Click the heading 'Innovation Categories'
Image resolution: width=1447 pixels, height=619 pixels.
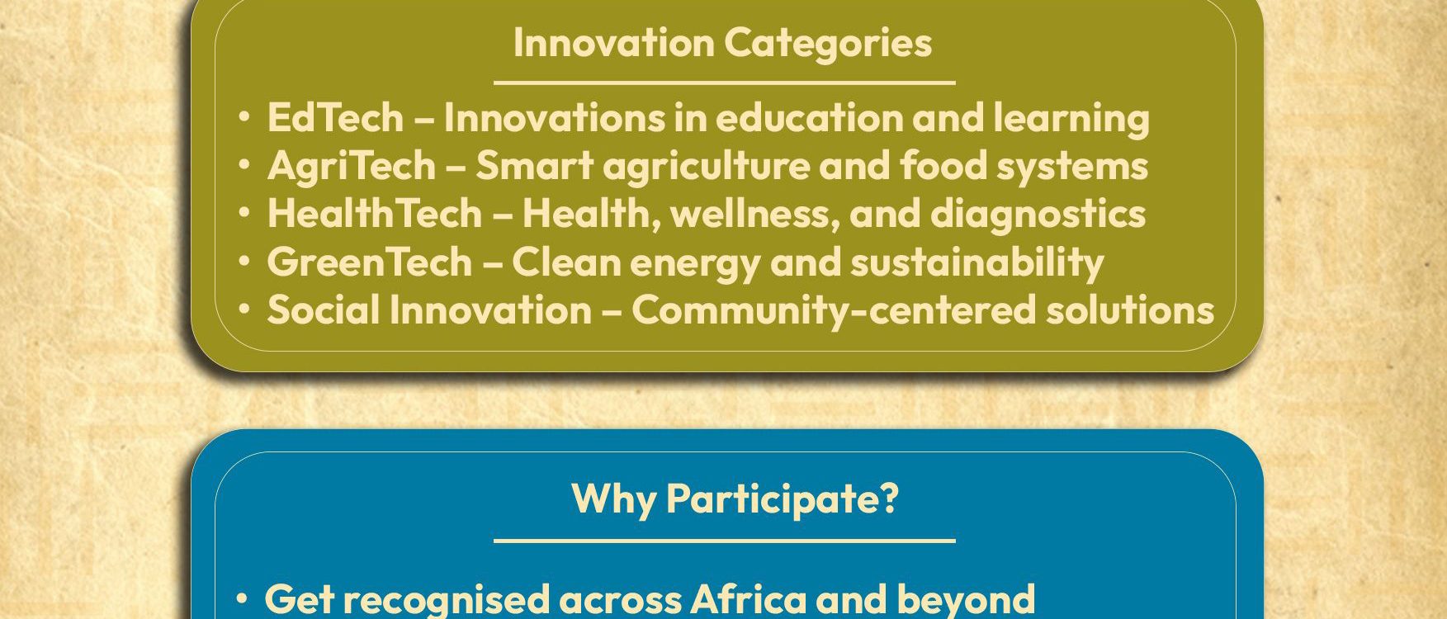coord(722,43)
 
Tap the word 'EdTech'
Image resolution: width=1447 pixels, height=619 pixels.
coord(335,117)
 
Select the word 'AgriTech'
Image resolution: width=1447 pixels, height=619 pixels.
coord(351,166)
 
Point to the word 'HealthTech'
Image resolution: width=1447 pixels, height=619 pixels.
coord(374,213)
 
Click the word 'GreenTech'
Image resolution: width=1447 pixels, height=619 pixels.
coord(369,262)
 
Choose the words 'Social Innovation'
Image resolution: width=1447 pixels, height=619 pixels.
coord(429,309)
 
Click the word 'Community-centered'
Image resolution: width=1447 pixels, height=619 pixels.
coord(833,311)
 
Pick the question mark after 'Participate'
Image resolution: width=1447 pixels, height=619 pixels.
coord(889,498)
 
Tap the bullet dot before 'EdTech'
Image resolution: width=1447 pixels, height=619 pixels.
coord(244,118)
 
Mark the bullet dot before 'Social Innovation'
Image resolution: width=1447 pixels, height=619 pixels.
coord(244,310)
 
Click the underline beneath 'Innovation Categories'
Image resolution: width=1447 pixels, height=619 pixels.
coord(724,83)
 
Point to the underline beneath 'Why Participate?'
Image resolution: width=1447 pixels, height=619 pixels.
coord(724,541)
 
